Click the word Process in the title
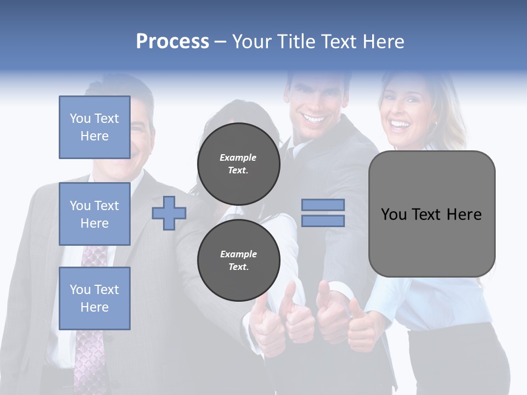[172, 42]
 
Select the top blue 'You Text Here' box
[94, 127]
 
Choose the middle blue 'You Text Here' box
[94, 214]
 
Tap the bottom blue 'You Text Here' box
[94, 298]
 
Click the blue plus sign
[169, 213]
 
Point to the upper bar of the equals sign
[323, 205]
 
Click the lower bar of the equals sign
[323, 221]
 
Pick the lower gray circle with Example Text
[238, 260]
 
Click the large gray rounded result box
[431, 241]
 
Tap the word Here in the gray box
[464, 215]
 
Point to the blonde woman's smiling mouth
[400, 126]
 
